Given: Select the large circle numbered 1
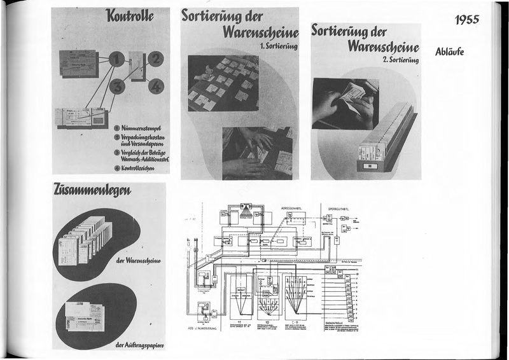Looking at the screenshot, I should coord(115,61).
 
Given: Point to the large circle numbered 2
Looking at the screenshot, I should coord(155,60).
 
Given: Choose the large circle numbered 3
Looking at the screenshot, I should coord(116,86).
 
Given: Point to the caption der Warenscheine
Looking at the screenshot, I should coord(137,261).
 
